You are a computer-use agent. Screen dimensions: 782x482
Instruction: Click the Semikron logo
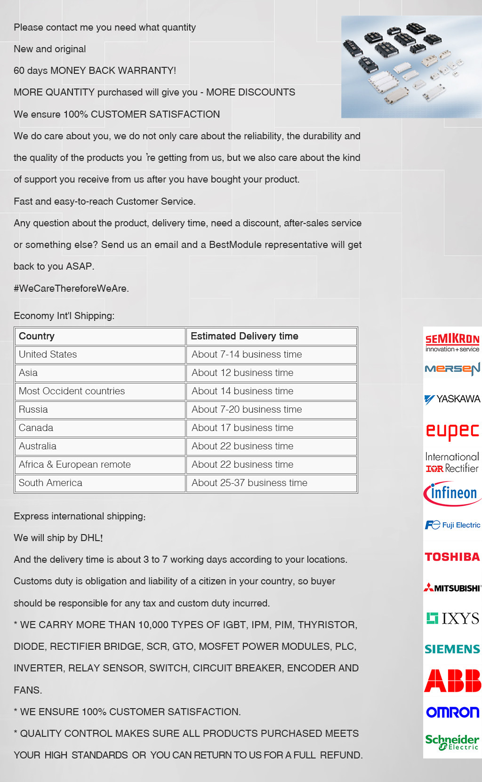[452, 342]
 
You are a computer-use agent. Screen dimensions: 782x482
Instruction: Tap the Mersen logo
[452, 369]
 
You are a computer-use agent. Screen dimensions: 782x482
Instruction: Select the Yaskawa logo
[452, 399]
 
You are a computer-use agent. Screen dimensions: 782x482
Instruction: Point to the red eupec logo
[452, 431]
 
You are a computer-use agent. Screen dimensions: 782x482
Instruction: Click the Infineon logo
[452, 493]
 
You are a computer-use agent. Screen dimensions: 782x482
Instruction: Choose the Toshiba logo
[452, 557]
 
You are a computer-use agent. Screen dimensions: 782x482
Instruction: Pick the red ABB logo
[452, 680]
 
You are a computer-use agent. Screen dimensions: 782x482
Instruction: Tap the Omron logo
[452, 712]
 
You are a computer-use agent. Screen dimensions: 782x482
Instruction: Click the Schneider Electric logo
[452, 742]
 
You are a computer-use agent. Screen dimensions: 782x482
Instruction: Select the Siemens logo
[452, 649]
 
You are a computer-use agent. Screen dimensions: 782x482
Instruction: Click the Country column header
[37, 336]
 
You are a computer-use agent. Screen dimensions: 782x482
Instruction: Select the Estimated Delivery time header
[244, 336]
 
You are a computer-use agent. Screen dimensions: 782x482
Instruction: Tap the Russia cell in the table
[33, 409]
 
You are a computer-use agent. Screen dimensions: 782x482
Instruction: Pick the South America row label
[50, 483]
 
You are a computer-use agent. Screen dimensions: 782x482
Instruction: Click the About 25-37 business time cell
[249, 483]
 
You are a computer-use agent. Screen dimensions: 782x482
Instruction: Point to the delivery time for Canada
[242, 428]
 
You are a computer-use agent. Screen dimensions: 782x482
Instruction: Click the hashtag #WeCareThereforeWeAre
[71, 288]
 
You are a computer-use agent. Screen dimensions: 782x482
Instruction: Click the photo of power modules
[411, 67]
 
